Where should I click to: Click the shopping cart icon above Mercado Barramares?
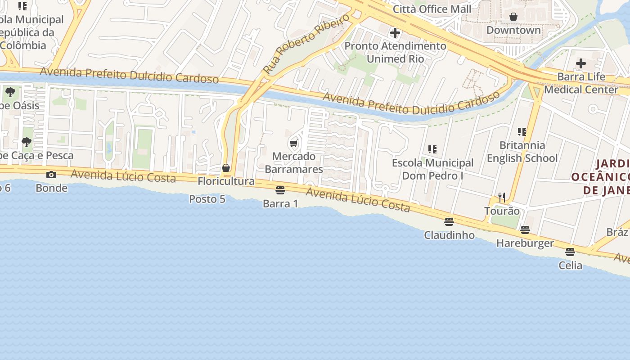click(294, 144)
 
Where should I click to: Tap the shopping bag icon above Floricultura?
click(226, 168)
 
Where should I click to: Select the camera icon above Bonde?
click(51, 175)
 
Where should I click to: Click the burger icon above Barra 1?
click(280, 190)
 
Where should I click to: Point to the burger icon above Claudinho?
click(449, 221)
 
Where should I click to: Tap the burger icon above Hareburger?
click(525, 230)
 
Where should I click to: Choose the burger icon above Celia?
click(570, 252)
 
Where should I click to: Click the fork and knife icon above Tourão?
click(502, 197)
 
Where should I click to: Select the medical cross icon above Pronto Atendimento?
click(395, 33)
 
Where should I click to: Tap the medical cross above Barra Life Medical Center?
click(581, 63)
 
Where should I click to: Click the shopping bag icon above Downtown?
click(513, 17)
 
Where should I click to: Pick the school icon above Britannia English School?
click(522, 132)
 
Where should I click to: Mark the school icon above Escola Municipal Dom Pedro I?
click(432, 149)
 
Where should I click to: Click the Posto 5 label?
click(207, 199)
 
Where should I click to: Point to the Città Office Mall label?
click(432, 9)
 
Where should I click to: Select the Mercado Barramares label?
click(294, 163)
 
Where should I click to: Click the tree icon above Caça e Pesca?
click(27, 142)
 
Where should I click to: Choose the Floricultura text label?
click(226, 181)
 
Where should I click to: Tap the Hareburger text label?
click(525, 243)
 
